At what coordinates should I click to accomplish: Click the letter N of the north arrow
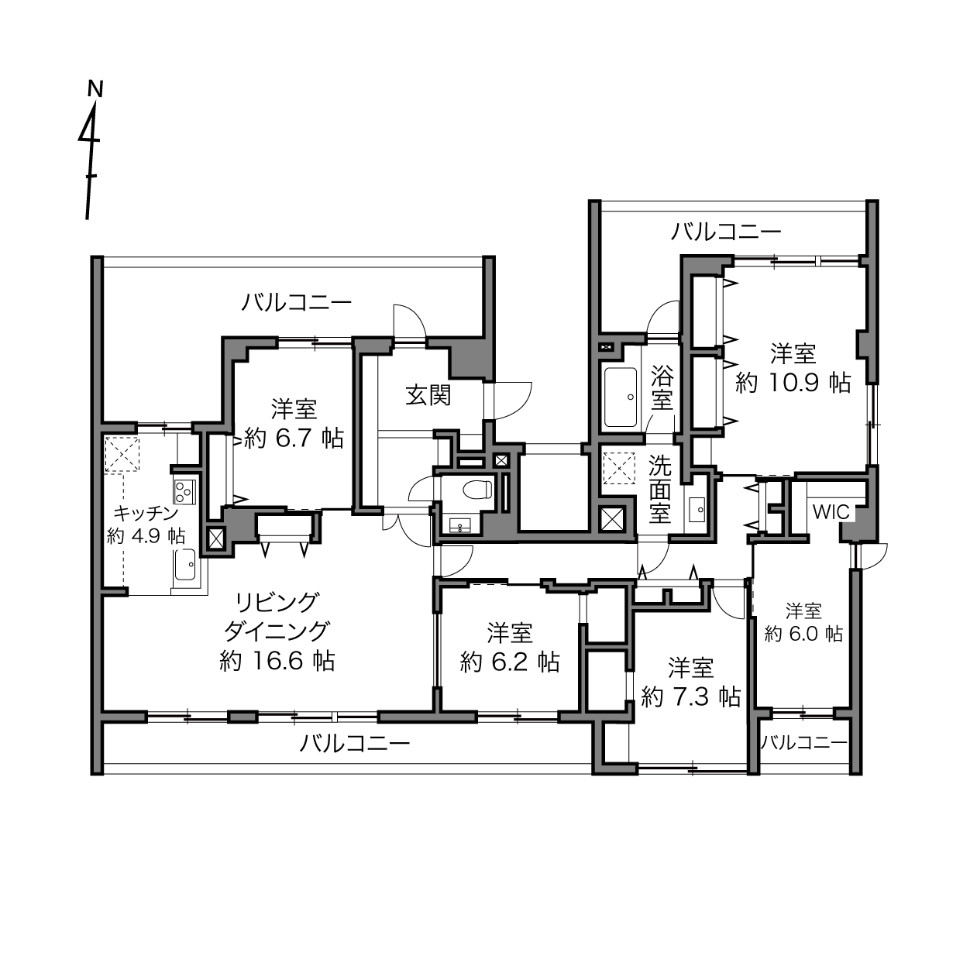click(x=95, y=88)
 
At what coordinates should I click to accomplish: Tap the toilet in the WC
click(x=476, y=489)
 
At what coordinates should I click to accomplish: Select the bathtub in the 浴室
click(x=620, y=397)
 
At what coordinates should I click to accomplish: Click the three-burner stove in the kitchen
click(x=184, y=491)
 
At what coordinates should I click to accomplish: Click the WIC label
click(x=831, y=512)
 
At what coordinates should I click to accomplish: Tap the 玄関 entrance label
click(x=428, y=396)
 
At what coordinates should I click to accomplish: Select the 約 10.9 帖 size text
click(x=793, y=383)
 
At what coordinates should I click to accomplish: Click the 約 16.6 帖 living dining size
click(x=277, y=660)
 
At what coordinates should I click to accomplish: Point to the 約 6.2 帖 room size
click(x=510, y=662)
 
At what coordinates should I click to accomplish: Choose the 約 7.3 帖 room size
click(x=690, y=697)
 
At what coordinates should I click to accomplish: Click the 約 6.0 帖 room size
click(x=803, y=634)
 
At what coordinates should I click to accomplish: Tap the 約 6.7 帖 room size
click(x=294, y=439)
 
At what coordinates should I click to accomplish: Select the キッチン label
click(x=146, y=514)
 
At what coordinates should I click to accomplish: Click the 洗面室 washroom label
click(x=659, y=489)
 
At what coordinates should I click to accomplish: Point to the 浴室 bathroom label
click(x=662, y=387)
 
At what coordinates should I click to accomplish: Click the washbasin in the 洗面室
click(x=698, y=511)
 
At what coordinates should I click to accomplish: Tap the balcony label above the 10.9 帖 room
click(x=726, y=232)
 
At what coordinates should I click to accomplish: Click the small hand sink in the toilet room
click(x=460, y=525)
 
